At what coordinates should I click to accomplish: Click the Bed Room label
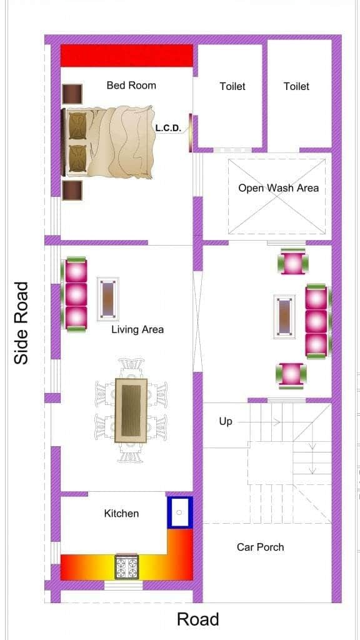click(131, 85)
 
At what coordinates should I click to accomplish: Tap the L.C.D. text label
click(167, 128)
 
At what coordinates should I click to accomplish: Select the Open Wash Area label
click(278, 188)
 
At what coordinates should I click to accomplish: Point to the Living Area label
click(137, 329)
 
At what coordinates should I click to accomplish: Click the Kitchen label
click(121, 513)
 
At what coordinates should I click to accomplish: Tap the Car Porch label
click(260, 547)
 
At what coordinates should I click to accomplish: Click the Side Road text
click(21, 322)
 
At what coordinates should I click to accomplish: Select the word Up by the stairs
click(225, 422)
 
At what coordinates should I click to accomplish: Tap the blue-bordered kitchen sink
click(179, 512)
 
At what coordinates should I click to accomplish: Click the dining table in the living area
click(131, 410)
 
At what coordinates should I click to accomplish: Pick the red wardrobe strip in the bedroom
click(126, 56)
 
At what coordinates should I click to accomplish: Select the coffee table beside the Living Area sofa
click(108, 299)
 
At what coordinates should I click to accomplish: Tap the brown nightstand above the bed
click(72, 94)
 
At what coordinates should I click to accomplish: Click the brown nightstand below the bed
click(72, 190)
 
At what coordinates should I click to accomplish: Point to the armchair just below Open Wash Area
click(292, 262)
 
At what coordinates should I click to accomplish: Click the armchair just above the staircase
click(291, 375)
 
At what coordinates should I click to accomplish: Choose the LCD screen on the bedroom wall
click(190, 132)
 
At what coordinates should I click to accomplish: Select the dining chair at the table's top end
click(131, 368)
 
